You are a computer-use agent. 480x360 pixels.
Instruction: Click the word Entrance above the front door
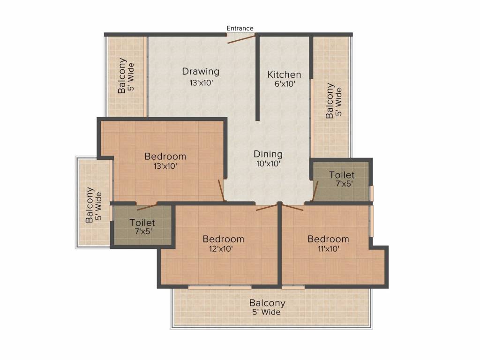coord(240,28)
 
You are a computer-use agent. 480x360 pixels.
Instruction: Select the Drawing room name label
coord(201,72)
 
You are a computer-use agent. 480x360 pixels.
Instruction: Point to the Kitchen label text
coord(284,75)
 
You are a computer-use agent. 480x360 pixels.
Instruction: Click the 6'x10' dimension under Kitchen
coord(284,84)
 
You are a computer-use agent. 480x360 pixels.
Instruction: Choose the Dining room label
coord(268,154)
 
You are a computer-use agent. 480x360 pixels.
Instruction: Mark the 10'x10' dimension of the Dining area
coord(268,164)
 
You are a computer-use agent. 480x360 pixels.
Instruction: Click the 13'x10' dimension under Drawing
coord(201,82)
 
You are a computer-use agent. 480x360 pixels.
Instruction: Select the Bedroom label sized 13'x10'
coord(165,156)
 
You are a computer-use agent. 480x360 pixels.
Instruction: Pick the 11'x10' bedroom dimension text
coord(328,249)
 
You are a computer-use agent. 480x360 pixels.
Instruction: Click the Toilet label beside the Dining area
coord(342,175)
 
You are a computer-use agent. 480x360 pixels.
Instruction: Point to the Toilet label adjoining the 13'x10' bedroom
coord(142,223)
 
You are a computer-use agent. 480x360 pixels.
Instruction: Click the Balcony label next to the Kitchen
coord(330,100)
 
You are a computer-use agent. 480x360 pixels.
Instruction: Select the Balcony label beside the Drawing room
coord(122,75)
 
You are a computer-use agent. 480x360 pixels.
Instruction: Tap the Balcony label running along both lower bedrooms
coord(267,303)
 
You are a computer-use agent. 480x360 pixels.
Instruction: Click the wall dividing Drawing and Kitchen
coord(257,77)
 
